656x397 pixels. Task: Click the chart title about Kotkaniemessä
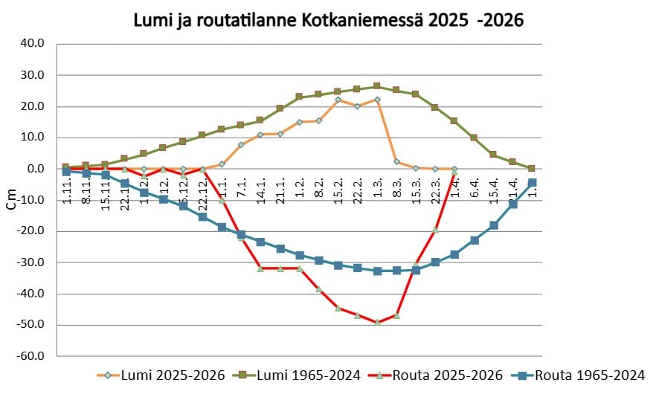click(x=328, y=20)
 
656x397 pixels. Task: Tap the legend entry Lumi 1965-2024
click(x=303, y=375)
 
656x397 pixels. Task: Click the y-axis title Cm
click(x=10, y=201)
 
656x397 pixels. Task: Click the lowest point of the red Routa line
click(x=377, y=322)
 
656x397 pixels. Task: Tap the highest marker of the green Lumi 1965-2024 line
click(x=377, y=86)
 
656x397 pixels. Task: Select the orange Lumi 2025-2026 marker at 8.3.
click(x=396, y=161)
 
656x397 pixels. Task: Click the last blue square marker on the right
click(x=532, y=182)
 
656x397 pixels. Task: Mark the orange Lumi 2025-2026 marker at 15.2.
click(x=338, y=100)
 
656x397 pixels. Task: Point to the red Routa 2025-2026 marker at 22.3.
click(x=435, y=230)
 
